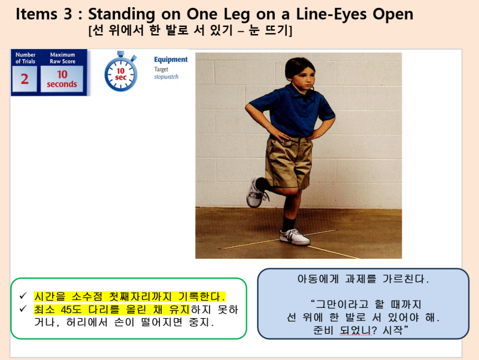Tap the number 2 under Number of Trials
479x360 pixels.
pyautogui.click(x=25, y=79)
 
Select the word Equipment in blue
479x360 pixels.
pyautogui.click(x=171, y=59)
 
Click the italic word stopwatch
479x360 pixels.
pyautogui.click(x=166, y=77)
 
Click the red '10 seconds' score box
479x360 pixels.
pyautogui.click(x=62, y=79)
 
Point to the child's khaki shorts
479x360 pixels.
pyautogui.click(x=289, y=159)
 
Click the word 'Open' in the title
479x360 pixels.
pyautogui.click(x=393, y=14)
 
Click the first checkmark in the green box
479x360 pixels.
pyautogui.click(x=23, y=296)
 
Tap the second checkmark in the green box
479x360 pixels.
pyautogui.click(x=23, y=309)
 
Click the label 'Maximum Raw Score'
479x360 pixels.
pyautogui.click(x=62, y=58)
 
